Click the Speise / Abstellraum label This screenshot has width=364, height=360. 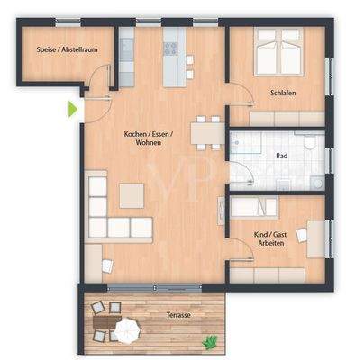(x=53, y=50)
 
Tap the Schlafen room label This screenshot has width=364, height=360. (x=282, y=93)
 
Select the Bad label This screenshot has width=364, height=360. (x=282, y=155)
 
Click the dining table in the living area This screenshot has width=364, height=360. (x=208, y=133)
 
